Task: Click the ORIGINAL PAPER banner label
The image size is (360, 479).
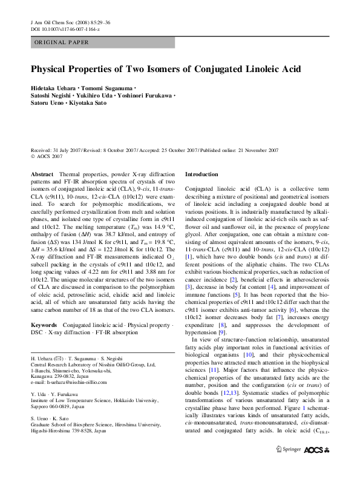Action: coord(61,42)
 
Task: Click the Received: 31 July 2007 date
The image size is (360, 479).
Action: coord(59,150)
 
